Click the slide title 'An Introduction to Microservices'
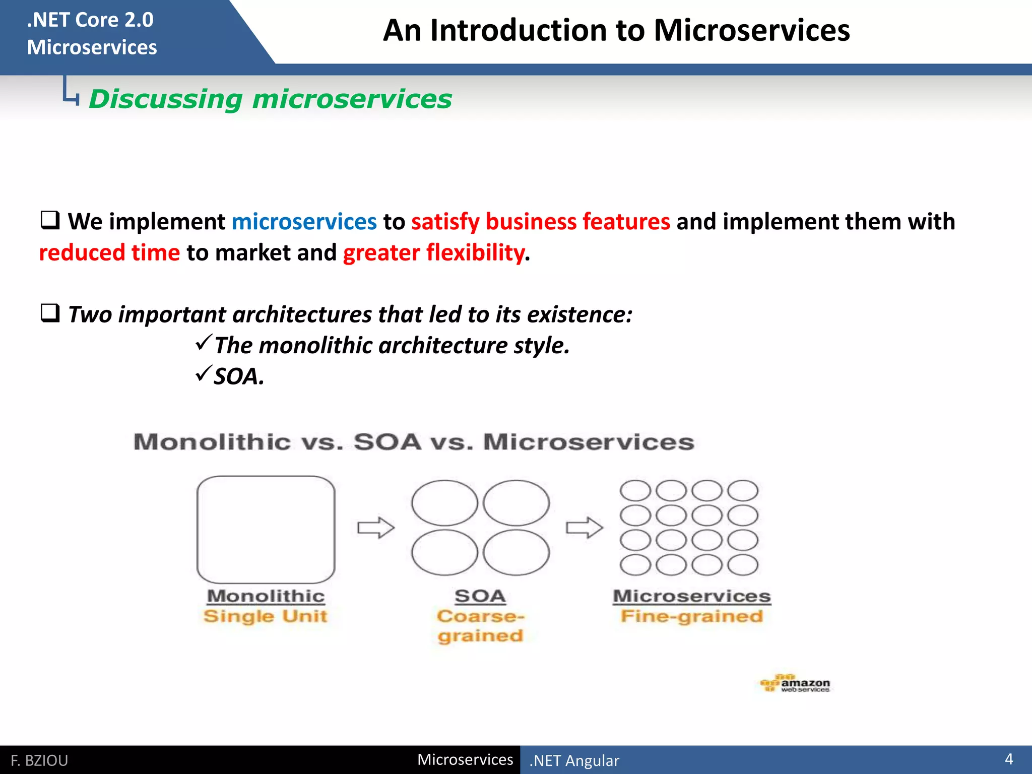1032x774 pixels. (x=616, y=31)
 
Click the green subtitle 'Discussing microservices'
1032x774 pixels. (x=270, y=99)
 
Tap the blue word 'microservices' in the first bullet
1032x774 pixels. (x=304, y=222)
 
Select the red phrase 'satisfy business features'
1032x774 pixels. (x=540, y=222)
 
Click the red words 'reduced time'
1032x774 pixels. (x=109, y=252)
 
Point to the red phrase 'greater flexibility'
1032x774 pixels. (x=433, y=252)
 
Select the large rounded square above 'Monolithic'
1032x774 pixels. (x=266, y=529)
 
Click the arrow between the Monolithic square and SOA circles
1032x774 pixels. (x=375, y=528)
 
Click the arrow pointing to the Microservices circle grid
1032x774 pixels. (x=584, y=528)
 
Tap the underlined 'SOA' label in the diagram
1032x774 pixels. (x=480, y=596)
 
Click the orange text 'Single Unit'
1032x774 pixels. (x=265, y=616)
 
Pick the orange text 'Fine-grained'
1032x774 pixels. (x=691, y=616)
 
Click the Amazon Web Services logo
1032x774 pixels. (x=795, y=684)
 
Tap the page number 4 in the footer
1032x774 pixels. (x=1008, y=759)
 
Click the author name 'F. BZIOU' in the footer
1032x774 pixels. (x=39, y=760)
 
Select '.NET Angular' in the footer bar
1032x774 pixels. (x=574, y=760)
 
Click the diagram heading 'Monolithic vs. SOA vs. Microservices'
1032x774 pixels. (x=413, y=442)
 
